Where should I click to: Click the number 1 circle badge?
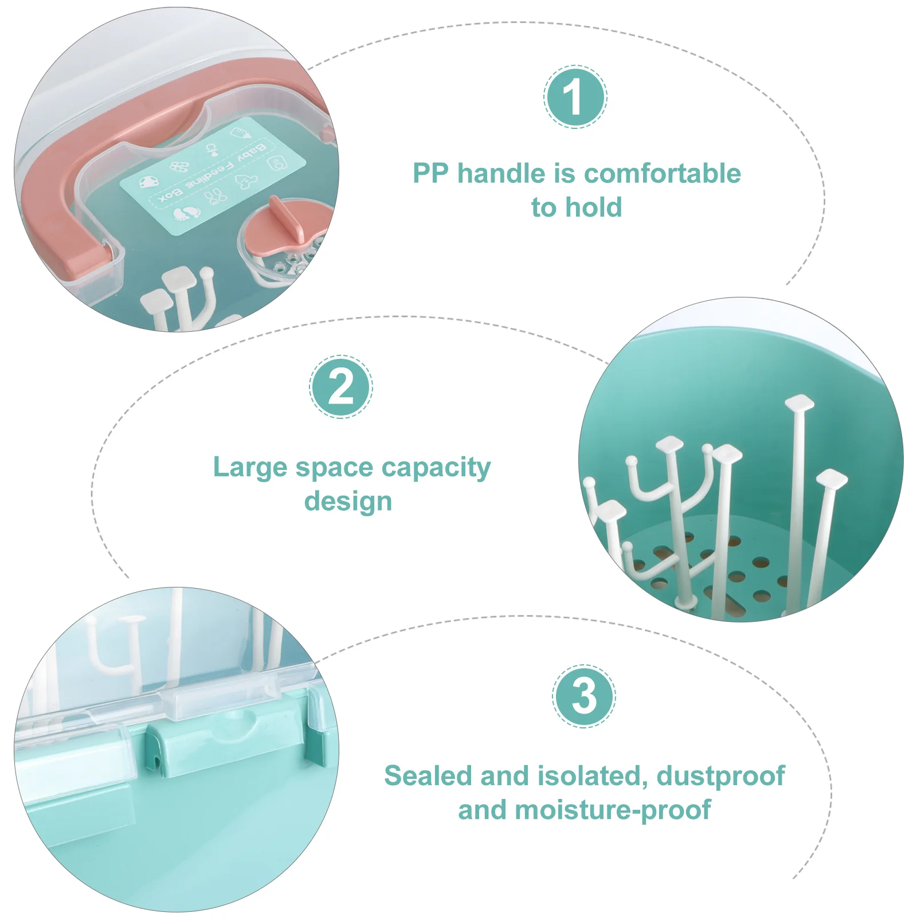(575, 96)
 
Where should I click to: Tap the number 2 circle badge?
(341, 386)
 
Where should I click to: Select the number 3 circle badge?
(584, 696)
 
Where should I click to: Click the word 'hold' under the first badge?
(593, 207)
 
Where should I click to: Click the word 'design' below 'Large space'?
(348, 501)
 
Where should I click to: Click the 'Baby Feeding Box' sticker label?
(213, 176)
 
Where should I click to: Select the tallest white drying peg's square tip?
(800, 402)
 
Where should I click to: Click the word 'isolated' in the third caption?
(587, 776)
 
